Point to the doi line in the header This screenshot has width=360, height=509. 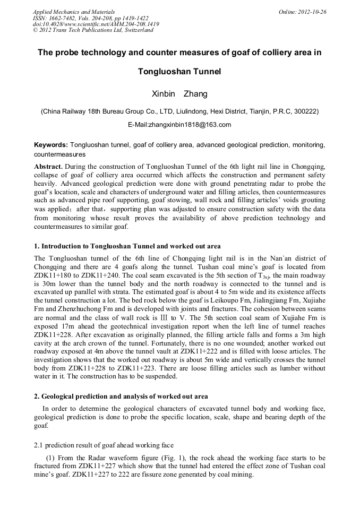click(96, 24)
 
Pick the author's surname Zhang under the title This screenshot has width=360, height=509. click(195, 94)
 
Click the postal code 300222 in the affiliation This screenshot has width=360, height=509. click(305, 112)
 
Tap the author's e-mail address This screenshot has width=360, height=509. click(179, 125)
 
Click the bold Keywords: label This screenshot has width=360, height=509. click(51, 145)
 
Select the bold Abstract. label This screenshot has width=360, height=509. click(48, 167)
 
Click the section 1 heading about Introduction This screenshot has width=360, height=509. click(127, 246)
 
